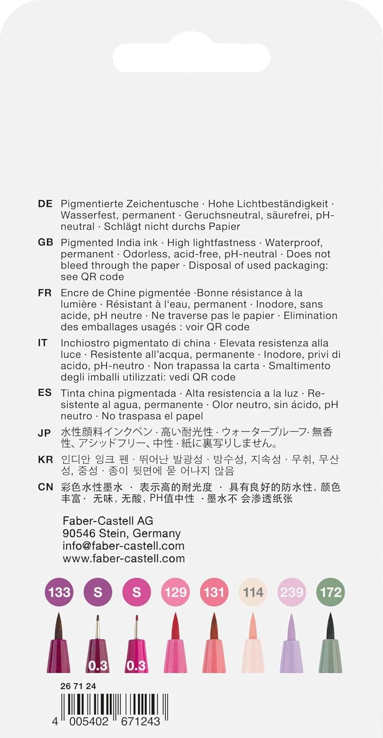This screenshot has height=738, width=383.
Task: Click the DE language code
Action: click(x=45, y=204)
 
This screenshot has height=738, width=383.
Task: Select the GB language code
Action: click(x=45, y=243)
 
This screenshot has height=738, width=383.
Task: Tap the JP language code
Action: click(x=44, y=433)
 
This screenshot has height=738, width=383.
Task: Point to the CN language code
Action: click(x=45, y=487)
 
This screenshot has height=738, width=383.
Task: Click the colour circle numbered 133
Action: click(x=59, y=591)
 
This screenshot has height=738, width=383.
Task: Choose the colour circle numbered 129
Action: click(x=175, y=591)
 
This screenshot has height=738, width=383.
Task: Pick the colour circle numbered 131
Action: click(x=213, y=591)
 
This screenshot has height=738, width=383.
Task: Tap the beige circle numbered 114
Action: click(x=252, y=591)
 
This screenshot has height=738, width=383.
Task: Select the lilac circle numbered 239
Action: click(x=291, y=591)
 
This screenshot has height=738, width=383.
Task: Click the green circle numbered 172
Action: click(x=329, y=591)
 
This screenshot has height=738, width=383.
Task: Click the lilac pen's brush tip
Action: click(x=291, y=625)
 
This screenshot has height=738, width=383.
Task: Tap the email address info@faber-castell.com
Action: click(x=123, y=546)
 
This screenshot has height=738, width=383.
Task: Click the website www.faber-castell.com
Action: click(x=123, y=558)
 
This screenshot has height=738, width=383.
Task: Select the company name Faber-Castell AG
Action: click(x=108, y=521)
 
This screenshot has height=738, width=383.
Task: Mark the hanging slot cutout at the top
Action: click(x=191, y=58)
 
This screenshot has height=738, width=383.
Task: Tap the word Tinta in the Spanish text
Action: click(x=72, y=394)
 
